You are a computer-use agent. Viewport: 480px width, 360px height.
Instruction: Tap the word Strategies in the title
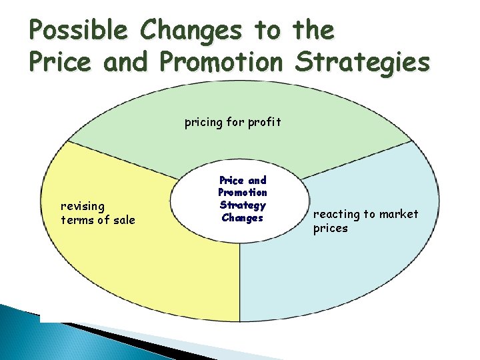(x=363, y=62)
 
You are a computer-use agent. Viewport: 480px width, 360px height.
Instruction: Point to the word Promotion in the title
(x=221, y=62)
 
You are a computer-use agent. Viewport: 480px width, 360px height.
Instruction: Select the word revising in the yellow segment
(x=83, y=207)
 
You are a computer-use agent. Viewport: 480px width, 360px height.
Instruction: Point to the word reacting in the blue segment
(x=337, y=214)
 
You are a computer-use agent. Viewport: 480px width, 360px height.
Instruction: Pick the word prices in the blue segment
(x=331, y=228)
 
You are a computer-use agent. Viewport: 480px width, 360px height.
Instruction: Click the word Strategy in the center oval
(x=243, y=205)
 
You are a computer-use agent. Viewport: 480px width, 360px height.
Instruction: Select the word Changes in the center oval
(x=243, y=218)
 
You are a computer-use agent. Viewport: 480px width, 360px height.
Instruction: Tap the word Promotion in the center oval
(x=243, y=193)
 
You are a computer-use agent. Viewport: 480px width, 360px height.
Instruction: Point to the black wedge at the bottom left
(x=100, y=329)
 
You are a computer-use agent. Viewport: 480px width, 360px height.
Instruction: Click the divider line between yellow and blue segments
(x=239, y=280)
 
